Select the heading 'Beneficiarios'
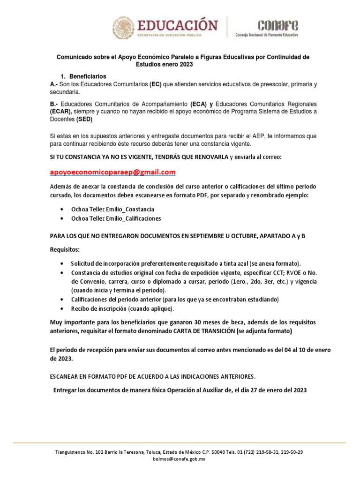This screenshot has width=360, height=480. click(88, 76)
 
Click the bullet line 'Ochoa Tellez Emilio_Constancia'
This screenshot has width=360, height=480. click(112, 209)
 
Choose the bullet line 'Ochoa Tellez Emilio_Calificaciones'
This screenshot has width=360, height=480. click(116, 218)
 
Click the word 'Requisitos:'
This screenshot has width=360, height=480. click(65, 250)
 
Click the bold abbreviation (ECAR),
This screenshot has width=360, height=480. click(61, 112)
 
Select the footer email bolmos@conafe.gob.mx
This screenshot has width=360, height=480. click(180, 460)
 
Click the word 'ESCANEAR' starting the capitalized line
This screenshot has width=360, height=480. click(64, 376)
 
